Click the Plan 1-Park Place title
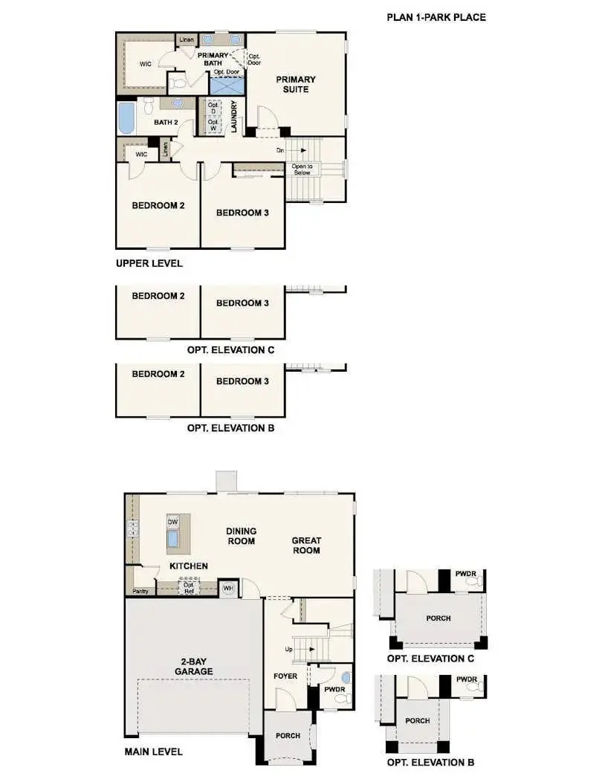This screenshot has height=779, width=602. coord(436,17)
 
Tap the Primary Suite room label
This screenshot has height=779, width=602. coord(296,85)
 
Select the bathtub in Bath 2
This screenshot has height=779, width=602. coord(126,118)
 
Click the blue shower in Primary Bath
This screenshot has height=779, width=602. coord(226,85)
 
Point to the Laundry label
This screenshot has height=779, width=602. coord(233,117)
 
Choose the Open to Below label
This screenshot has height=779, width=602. coord(302,169)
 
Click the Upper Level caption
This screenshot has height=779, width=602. coord(149,263)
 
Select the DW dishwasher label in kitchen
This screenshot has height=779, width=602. coord(172,522)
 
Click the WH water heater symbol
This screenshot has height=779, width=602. coord(228,589)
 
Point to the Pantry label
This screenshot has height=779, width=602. coord(140,592)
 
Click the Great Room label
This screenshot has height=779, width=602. coord(305,546)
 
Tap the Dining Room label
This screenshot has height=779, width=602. coord(242,536)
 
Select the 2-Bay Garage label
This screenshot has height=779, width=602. coord(194,666)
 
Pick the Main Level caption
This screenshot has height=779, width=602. coord(153,752)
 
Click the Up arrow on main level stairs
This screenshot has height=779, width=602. coord(303,649)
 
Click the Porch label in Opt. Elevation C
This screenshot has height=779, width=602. coord(438,618)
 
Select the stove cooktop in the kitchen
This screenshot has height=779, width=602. coord(134,529)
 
